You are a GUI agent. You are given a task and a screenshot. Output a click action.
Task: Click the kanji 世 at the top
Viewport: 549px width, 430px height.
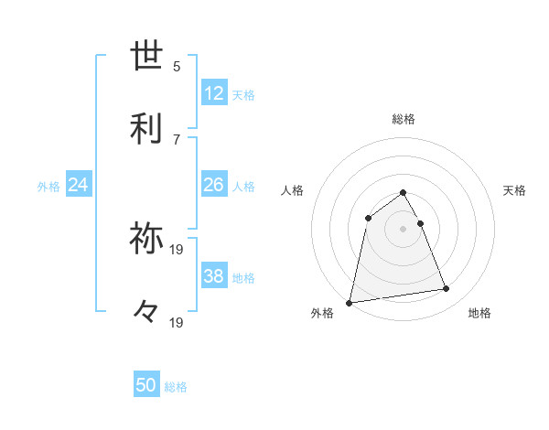[148, 57]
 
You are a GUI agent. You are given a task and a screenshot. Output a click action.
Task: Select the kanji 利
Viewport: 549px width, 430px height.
[148, 129]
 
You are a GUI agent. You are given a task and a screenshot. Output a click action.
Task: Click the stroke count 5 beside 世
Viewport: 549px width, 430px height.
[177, 66]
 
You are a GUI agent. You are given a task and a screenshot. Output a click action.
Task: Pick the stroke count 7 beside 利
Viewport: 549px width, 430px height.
[177, 139]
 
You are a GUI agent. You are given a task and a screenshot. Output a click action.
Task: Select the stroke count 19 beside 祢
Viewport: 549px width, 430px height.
[178, 249]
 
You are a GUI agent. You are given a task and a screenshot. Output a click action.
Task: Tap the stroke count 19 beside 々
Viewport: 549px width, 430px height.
[178, 322]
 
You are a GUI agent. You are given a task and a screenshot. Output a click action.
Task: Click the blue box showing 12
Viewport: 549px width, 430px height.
[214, 93]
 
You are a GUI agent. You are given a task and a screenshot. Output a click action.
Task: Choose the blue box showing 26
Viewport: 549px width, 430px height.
[214, 185]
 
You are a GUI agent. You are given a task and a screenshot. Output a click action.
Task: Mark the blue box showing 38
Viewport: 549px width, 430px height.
[214, 276]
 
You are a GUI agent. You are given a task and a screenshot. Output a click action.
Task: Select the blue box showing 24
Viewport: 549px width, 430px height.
[79, 185]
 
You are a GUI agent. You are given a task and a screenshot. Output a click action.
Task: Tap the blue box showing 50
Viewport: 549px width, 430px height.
[146, 385]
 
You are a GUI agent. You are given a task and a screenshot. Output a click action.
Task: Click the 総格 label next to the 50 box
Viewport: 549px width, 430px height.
[176, 387]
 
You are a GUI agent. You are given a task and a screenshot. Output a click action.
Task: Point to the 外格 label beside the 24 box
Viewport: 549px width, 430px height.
[48, 187]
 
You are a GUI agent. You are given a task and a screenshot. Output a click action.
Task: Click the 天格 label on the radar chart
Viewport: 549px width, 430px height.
[515, 190]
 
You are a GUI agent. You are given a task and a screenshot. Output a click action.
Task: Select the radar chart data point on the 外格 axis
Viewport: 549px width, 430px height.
[350, 302]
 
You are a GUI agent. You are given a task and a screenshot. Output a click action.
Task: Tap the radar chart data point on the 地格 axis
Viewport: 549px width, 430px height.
[447, 289]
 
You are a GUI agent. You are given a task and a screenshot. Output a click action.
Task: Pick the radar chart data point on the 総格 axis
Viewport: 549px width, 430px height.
[404, 193]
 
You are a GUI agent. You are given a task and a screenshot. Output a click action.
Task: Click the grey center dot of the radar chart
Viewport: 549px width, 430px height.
[404, 229]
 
